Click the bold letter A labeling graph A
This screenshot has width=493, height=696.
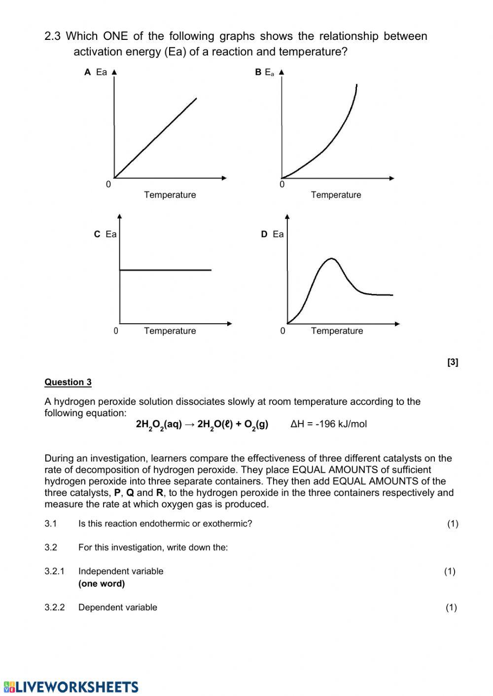(88, 72)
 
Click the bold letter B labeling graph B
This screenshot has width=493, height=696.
(258, 72)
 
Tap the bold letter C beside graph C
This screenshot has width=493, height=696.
(97, 234)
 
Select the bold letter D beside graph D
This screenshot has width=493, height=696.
(264, 234)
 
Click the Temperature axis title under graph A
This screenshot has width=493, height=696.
(170, 195)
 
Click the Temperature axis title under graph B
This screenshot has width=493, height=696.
(336, 195)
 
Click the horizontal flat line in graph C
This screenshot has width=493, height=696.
(165, 270)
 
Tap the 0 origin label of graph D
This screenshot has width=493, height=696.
(282, 331)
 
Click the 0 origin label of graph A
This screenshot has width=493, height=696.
(108, 185)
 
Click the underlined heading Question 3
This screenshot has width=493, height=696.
(68, 382)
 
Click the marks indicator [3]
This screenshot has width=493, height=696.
(453, 363)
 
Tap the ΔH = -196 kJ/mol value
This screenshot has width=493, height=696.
(329, 424)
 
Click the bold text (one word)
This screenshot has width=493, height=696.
(102, 584)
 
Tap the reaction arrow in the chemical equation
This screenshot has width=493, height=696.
(190, 425)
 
